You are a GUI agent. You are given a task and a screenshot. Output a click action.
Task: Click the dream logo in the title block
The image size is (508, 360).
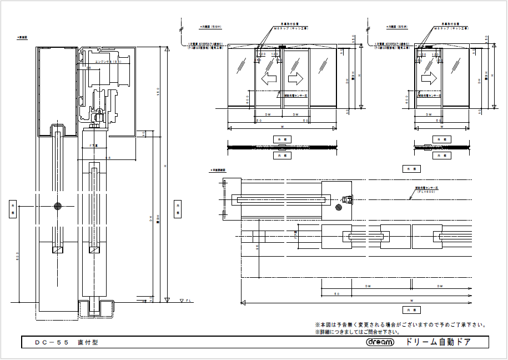380,342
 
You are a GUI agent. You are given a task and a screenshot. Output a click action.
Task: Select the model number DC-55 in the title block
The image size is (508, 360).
52,343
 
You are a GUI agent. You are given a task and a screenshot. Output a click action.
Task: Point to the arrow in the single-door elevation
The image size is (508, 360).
429,77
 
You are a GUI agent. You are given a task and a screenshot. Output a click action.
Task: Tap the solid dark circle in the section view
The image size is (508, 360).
58,206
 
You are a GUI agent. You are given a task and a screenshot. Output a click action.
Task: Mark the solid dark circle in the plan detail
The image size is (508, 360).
339,208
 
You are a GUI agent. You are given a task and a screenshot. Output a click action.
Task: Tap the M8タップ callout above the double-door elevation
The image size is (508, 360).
296,27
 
